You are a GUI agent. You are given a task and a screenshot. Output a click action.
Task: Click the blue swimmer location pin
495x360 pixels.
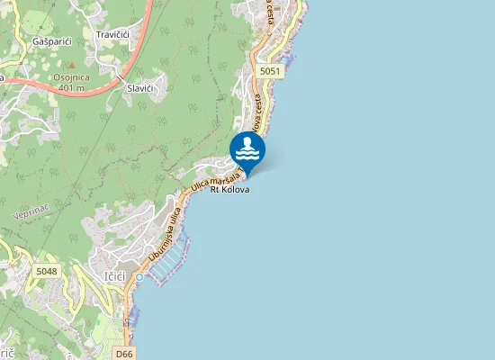[x=247, y=148]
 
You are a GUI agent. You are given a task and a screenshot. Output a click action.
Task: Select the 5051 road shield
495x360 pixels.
[x=268, y=69]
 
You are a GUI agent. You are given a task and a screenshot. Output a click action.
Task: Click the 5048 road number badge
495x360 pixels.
[x=47, y=270]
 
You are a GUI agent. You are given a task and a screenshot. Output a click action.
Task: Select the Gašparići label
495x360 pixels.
[x=51, y=41]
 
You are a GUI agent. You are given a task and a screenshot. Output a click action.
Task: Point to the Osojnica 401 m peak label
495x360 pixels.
[x=72, y=83]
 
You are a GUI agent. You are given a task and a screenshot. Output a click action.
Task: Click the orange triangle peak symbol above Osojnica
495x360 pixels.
[x=70, y=69]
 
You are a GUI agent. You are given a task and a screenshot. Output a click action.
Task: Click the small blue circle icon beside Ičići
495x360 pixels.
[x=139, y=276]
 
